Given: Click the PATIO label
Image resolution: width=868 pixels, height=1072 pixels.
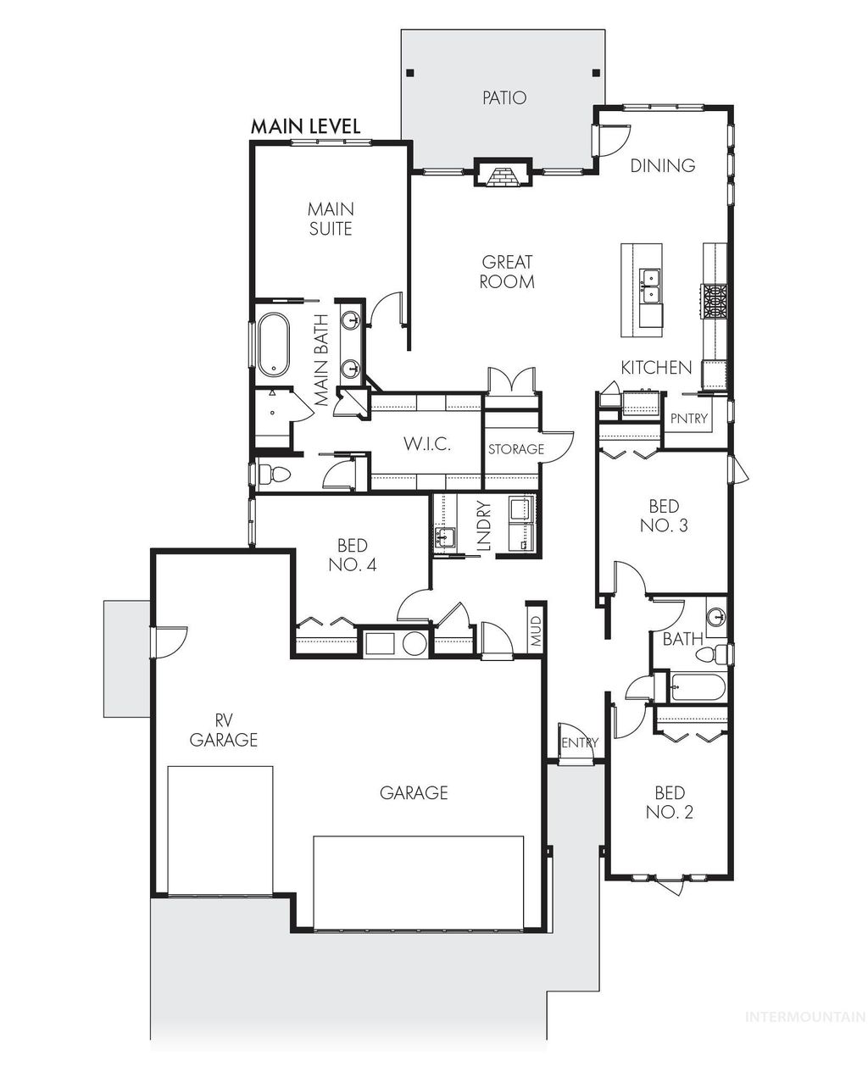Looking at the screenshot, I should coord(504,98).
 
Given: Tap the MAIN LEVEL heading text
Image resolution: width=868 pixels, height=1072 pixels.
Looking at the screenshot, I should coord(306,126).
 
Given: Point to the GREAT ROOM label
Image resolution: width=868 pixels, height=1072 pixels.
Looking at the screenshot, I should coord(507,272).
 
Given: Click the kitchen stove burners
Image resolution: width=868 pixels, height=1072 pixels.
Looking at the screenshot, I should coord(713,302).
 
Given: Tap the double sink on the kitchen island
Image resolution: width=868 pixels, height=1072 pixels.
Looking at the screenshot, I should coord(651,286).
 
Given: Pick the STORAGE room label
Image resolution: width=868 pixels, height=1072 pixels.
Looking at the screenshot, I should coord(515,449).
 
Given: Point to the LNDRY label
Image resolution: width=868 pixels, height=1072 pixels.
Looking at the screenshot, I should coord(484,527).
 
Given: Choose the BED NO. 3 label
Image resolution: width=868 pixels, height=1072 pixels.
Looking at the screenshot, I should coord(664,515).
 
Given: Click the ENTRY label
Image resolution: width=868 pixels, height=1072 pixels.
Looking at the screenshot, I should coord(580,743).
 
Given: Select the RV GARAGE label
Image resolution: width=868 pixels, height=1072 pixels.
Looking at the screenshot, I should coord(223,730).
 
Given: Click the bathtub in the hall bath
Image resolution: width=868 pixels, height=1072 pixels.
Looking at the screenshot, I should coord(697,686).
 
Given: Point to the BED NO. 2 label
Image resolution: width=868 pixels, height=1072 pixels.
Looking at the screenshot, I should coord(670,803).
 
